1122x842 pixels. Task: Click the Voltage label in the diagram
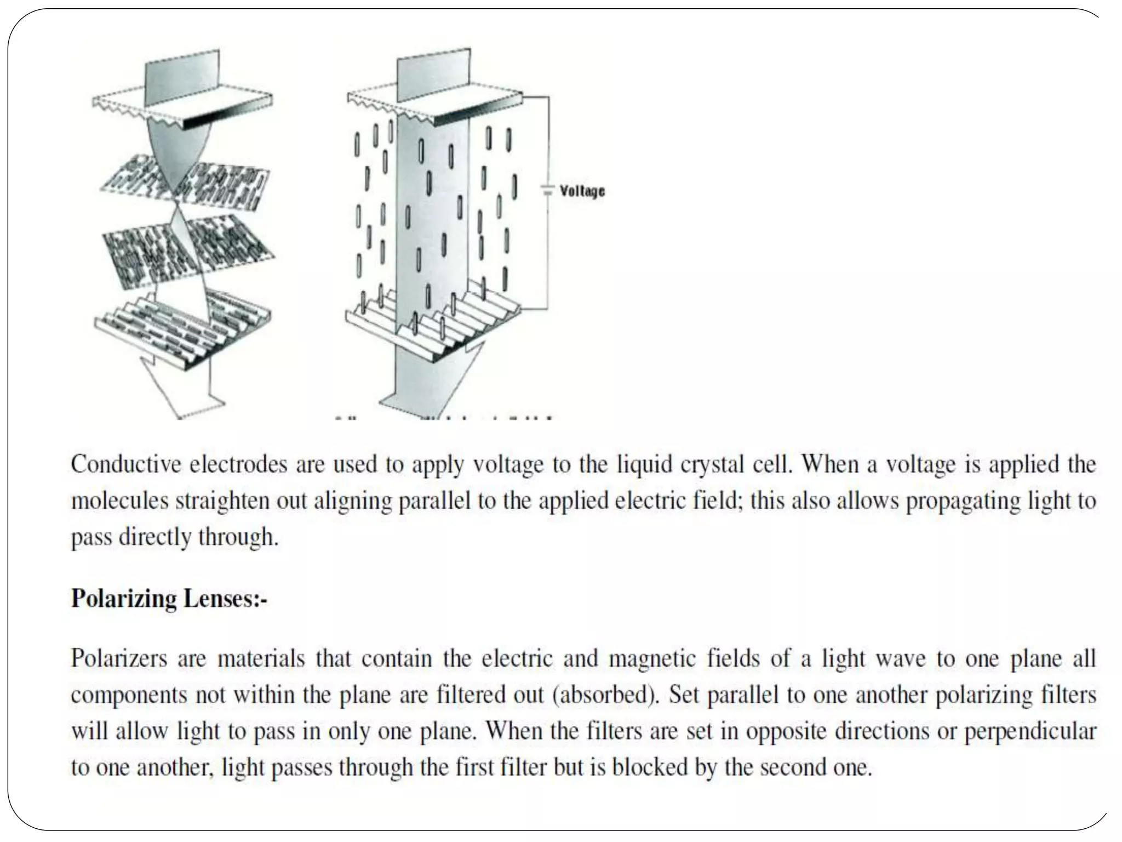pos(582,191)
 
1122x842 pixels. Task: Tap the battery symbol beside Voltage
pos(547,191)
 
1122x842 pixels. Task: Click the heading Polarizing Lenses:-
pos(169,598)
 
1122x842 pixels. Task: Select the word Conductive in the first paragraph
pos(126,465)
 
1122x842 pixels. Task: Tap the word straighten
pos(222,501)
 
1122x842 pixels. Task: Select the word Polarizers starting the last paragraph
pos(119,658)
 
